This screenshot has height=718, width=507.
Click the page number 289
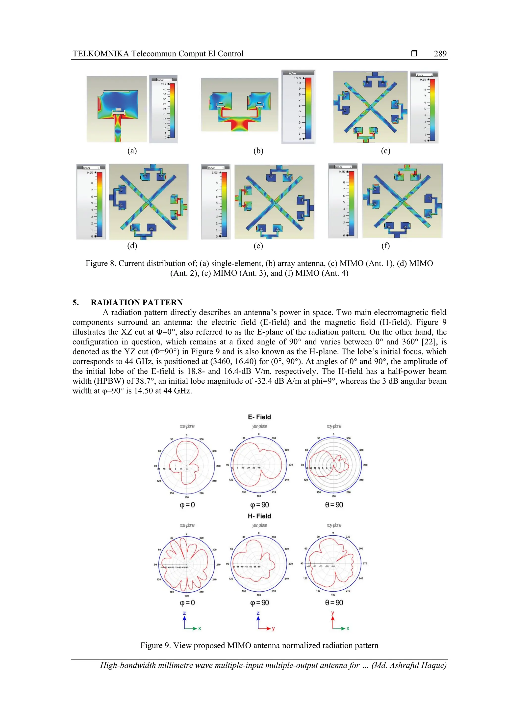coord(440,54)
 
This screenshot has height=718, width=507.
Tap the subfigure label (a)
coord(132,151)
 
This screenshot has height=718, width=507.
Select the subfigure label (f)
coord(385,246)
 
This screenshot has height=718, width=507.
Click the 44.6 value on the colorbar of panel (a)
coord(163,84)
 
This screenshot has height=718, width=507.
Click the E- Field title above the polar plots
coord(259,417)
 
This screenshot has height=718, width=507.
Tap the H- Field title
coord(259,516)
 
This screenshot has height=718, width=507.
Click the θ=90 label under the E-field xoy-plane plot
coord(334,505)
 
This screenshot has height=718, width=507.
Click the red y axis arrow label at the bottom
coord(333,613)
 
